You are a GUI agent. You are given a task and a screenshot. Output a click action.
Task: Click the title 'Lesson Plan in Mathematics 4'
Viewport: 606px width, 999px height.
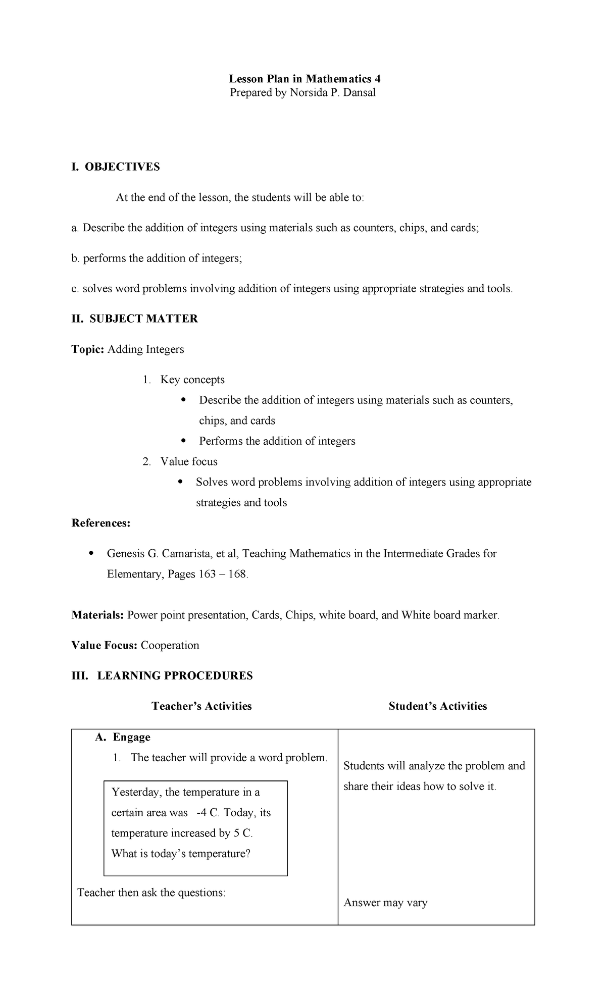[305, 79]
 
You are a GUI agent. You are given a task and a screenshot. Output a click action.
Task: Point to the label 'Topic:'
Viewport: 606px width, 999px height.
[87, 349]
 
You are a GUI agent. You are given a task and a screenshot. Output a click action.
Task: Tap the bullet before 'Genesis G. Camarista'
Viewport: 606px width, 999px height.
[91, 553]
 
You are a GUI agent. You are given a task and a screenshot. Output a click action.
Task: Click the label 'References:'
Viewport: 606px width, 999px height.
[101, 523]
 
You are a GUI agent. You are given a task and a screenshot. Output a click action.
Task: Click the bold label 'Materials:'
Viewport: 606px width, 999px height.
[97, 615]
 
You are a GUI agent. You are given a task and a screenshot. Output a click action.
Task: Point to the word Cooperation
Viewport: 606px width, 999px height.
[170, 646]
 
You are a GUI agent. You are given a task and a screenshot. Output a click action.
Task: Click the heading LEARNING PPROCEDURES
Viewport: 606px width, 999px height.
[175, 676]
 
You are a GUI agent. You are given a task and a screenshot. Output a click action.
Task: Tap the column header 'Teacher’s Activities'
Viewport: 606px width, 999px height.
[201, 706]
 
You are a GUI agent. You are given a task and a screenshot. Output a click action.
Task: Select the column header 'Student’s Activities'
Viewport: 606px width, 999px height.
[438, 706]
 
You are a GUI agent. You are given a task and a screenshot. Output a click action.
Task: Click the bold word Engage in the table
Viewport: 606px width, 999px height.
[131, 737]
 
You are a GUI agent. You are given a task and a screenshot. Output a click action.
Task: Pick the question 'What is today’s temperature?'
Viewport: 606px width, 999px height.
[181, 854]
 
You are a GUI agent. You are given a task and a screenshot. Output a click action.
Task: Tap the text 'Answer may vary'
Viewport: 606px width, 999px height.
[385, 903]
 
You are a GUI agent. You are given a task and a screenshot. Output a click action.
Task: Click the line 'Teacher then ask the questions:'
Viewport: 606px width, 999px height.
[151, 892]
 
